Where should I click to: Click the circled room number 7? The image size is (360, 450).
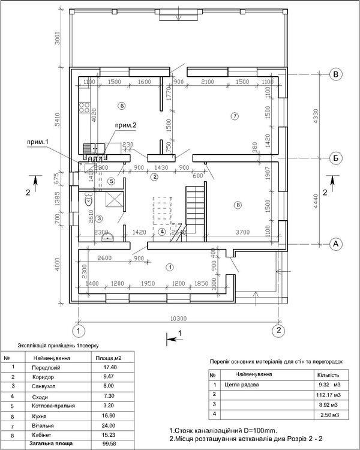pos(235,115)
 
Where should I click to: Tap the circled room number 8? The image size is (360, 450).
pos(238,205)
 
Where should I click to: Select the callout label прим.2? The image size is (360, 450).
pos(127,125)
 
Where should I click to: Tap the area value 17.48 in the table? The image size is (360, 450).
pos(109,367)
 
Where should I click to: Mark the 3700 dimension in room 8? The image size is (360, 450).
pos(242,231)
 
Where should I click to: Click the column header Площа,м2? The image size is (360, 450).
pos(109,358)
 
